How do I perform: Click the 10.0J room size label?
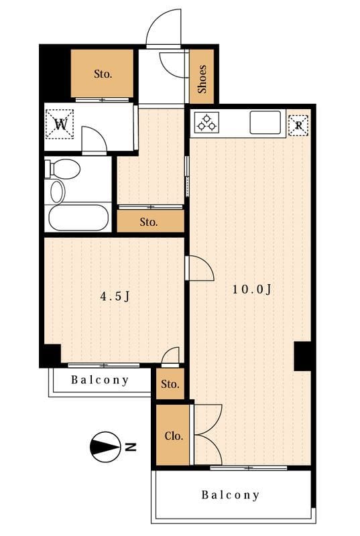[x=252, y=289]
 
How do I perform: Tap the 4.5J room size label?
[x=115, y=296]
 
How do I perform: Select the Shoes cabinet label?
[x=202, y=79]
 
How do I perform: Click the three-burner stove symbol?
[x=207, y=123]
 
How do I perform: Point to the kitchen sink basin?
[x=265, y=122]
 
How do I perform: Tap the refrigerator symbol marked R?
[x=298, y=125]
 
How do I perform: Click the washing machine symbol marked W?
[x=60, y=124]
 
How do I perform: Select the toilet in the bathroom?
[x=63, y=169]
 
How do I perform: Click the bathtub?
[x=78, y=217]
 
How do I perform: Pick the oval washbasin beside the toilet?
[x=58, y=192]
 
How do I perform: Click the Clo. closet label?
[x=174, y=436]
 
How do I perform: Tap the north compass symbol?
[x=105, y=447]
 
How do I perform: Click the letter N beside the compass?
[x=130, y=447]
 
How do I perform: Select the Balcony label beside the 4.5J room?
[x=100, y=380]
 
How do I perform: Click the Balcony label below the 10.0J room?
[x=231, y=494]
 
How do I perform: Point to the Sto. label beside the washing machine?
[x=103, y=74]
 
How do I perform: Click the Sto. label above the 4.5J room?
[x=149, y=222]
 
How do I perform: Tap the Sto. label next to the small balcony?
[x=170, y=384]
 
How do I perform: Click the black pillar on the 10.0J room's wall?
[x=302, y=356]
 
